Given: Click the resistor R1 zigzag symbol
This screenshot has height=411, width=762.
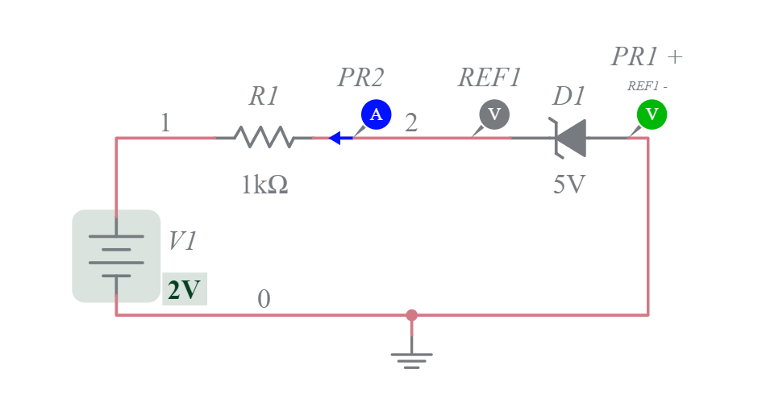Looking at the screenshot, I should tap(264, 138).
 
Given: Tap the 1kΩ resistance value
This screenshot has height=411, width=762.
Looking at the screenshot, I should tap(264, 185).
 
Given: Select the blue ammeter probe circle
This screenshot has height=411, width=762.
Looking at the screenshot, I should tap(376, 114).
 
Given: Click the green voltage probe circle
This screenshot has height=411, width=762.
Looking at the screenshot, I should tap(652, 114).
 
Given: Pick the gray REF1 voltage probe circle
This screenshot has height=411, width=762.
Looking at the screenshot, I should tap(494, 114).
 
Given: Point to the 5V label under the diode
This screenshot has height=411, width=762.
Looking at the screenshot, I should tap(568, 185).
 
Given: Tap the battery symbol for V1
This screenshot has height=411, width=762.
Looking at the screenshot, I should tap(116, 255).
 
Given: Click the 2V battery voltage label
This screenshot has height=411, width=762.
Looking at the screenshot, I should tap(185, 289).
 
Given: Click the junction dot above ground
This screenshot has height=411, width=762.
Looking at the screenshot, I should tap(411, 315).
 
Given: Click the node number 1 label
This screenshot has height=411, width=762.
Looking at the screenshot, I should tap(165, 123).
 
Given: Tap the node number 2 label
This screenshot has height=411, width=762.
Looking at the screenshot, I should tap(411, 123).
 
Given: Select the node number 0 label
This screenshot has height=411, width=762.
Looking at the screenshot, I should tap(264, 300).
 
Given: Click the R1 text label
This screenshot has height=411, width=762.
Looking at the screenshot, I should tap(264, 97).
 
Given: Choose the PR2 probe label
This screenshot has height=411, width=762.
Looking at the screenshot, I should tap(360, 77).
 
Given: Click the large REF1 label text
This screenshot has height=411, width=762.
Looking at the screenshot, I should tap(490, 77).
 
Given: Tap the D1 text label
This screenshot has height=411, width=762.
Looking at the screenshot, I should tap(568, 97).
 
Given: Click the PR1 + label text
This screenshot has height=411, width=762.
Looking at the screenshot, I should tap(647, 56).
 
